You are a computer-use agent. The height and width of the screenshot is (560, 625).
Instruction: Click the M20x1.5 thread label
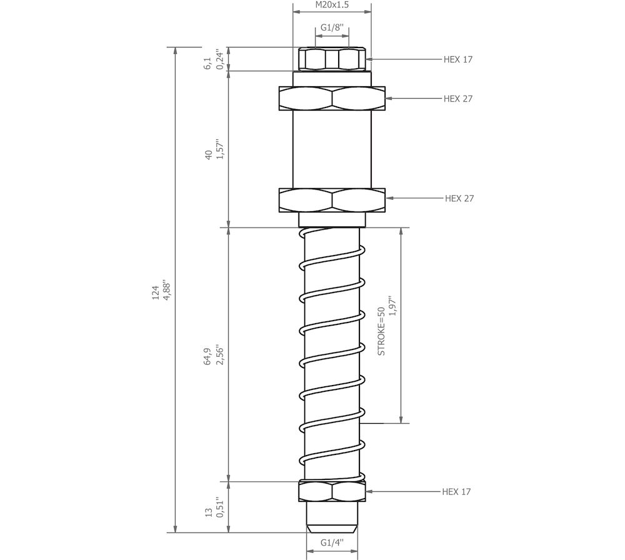click(x=332, y=5)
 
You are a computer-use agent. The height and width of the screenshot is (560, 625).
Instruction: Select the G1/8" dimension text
click(x=332, y=27)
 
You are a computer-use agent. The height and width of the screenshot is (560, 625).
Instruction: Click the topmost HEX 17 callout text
click(x=457, y=59)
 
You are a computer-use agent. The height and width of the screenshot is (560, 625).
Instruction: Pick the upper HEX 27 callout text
click(x=457, y=99)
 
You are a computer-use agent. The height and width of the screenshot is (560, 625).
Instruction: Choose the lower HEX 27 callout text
click(x=459, y=198)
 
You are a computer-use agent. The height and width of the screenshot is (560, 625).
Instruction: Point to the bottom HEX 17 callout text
click(x=456, y=492)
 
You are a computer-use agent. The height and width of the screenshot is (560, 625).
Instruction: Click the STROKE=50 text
click(x=381, y=331)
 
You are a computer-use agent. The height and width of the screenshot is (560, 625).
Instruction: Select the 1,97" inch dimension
click(x=393, y=306)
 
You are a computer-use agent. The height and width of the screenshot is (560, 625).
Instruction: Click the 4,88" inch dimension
click(x=167, y=290)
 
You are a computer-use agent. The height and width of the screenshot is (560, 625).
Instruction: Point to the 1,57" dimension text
click(x=219, y=149)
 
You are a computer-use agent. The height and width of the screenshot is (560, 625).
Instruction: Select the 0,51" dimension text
click(x=219, y=507)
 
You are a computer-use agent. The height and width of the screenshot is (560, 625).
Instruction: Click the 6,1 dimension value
click(x=208, y=63)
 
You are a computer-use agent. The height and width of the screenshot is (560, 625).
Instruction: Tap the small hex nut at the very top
click(x=332, y=59)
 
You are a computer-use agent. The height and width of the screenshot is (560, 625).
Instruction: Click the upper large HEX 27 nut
click(x=332, y=99)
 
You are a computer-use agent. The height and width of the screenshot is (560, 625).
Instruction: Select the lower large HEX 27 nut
click(x=332, y=200)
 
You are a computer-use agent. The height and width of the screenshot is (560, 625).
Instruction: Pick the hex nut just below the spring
click(x=332, y=491)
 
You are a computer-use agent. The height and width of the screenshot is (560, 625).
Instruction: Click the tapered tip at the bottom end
click(x=332, y=517)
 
